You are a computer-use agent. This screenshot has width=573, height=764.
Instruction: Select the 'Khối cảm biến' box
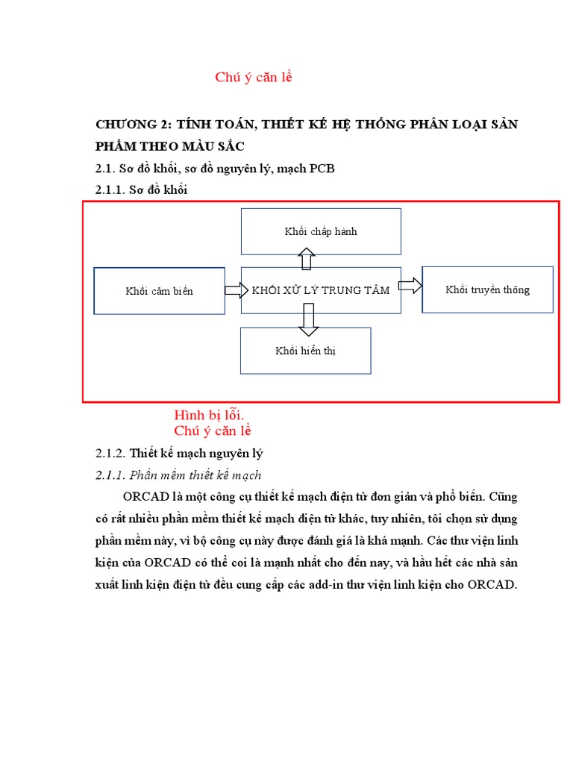tap(159, 291)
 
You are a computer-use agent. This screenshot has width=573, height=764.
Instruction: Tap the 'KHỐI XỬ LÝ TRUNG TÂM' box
tap(321, 290)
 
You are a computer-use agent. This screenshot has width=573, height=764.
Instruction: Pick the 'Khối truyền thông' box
tap(487, 289)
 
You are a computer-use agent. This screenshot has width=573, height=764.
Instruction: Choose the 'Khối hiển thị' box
tap(305, 351)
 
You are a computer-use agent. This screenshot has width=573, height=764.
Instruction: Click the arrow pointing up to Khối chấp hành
tap(307, 259)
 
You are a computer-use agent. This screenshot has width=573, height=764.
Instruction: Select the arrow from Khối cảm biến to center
tap(236, 290)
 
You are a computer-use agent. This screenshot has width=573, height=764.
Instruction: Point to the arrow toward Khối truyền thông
tap(410, 285)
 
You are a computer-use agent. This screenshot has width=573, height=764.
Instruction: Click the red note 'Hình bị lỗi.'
tap(210, 415)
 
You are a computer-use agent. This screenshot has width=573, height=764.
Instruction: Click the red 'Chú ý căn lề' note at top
tap(254, 78)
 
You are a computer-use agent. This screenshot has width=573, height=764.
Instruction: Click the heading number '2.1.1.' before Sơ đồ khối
tap(110, 190)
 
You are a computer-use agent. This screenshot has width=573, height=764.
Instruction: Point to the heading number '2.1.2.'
tap(110, 453)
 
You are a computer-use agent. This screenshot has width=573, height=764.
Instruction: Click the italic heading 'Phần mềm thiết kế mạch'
tap(195, 475)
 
